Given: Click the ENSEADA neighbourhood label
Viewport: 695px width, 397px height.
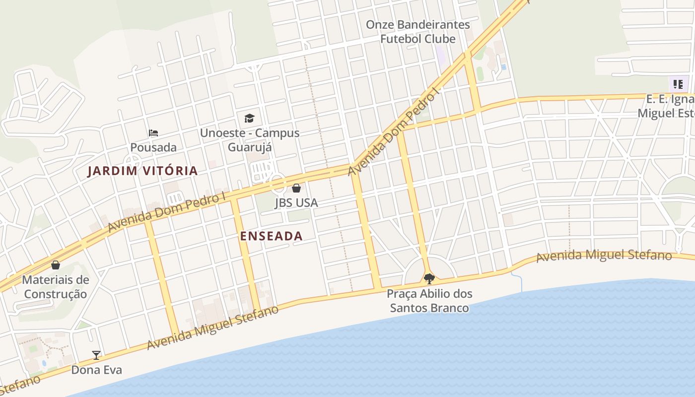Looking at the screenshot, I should (271, 236).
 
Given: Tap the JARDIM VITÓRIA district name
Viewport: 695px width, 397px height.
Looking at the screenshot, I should (142, 171).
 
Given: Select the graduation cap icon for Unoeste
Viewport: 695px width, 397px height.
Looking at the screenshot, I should (249, 118).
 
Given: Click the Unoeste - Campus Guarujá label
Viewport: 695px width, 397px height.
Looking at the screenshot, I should (250, 140).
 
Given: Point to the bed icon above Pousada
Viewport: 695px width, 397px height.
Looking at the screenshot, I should (153, 132).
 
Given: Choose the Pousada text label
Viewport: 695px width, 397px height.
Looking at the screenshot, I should (153, 147).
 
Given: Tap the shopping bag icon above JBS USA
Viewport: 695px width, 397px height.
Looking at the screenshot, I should (296, 188).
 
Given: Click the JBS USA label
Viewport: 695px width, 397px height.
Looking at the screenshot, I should (296, 203).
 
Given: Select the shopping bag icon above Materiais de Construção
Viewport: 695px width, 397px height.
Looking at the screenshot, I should (56, 265).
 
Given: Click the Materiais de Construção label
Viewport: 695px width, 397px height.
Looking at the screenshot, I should (56, 287).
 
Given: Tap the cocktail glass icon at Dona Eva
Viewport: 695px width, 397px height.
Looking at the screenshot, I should (96, 355).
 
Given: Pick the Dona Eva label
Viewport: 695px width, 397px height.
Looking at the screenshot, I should (96, 370).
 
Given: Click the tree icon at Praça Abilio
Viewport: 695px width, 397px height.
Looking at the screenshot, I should (429, 278).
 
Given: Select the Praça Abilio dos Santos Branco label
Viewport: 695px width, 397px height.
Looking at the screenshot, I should (429, 301).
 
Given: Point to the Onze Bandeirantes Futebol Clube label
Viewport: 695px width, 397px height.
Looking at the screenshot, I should (418, 31).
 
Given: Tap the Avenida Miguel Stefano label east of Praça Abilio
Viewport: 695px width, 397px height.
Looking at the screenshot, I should (604, 256).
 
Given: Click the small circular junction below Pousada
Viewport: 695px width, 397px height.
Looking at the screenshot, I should (133, 161).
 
